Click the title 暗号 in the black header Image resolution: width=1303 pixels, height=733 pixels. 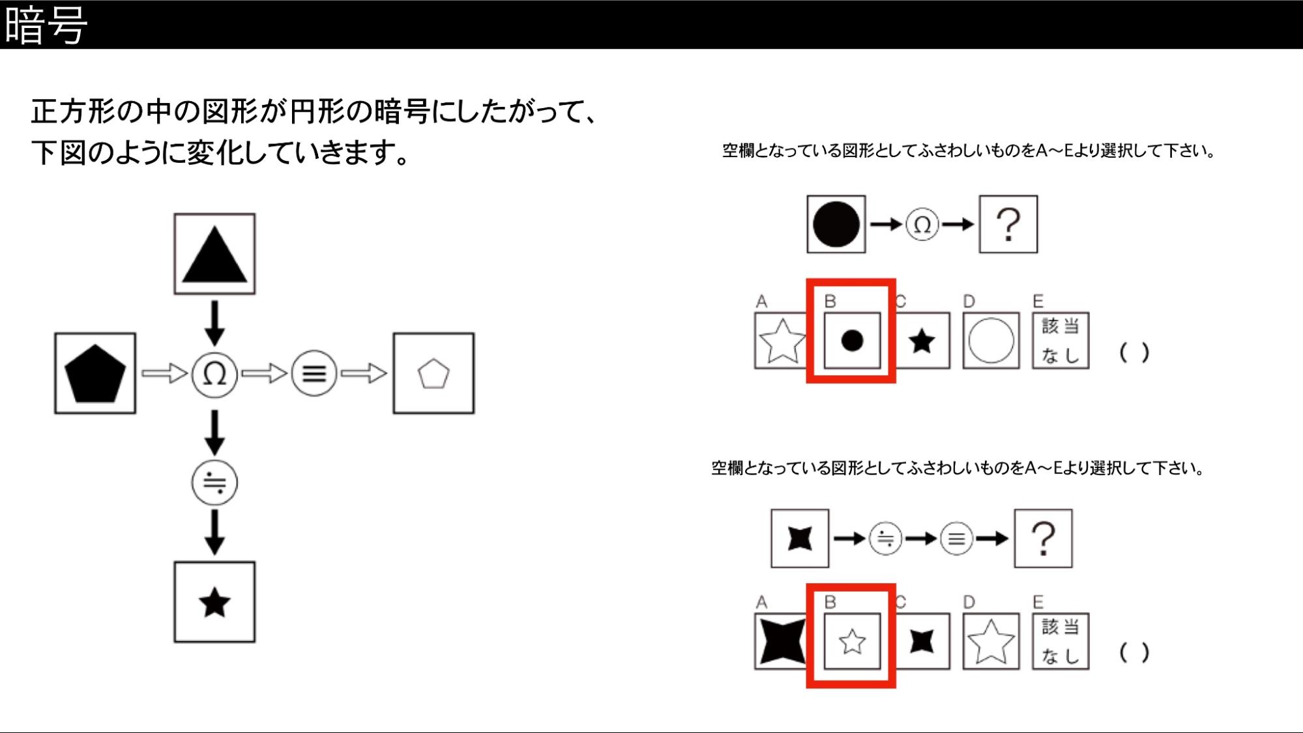(46, 25)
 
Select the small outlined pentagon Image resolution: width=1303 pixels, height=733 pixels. (433, 374)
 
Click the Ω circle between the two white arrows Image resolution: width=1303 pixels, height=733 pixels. (214, 373)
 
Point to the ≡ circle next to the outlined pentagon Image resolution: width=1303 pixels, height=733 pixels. (314, 373)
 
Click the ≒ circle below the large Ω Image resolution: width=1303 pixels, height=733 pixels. (214, 483)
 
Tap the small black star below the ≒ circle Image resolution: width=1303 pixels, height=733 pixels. (214, 603)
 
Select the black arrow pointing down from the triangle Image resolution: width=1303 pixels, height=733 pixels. (214, 323)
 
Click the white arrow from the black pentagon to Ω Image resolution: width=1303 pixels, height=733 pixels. (164, 373)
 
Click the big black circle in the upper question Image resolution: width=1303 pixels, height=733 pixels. (836, 224)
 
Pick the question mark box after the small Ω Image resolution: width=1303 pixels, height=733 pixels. (1008, 224)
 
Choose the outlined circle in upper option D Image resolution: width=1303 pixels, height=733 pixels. (991, 341)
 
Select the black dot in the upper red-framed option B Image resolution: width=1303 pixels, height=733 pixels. (852, 340)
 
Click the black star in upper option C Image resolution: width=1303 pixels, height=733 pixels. (922, 341)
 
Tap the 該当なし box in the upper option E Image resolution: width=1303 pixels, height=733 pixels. (1061, 341)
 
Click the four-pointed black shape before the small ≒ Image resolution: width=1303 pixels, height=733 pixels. (800, 539)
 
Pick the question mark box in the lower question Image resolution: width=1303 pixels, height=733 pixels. (1043, 539)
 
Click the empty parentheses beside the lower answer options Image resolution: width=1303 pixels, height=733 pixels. (1134, 652)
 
